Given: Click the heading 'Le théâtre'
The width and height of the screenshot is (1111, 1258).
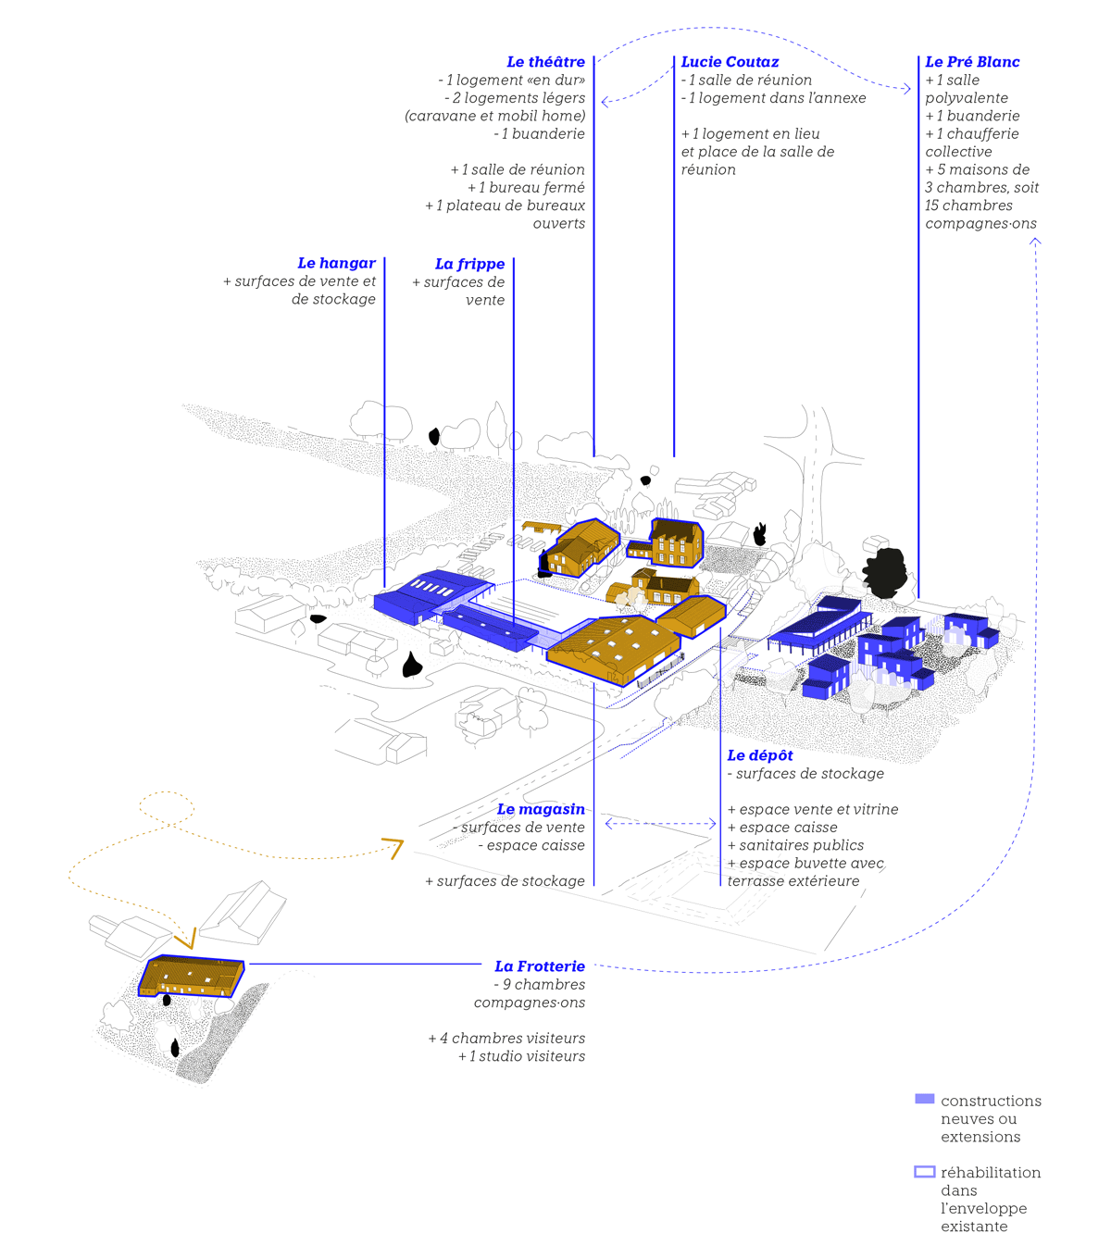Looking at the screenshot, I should tap(545, 62).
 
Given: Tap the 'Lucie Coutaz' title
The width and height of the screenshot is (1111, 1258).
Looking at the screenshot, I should tap(730, 62).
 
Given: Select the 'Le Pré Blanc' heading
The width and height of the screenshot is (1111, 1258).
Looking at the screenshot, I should tap(972, 62).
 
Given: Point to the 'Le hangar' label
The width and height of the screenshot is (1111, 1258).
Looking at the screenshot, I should tap(336, 264).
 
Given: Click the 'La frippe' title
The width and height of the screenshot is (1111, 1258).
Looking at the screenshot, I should tap(469, 265).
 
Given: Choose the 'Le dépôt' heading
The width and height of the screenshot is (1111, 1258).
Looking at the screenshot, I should tap(760, 755).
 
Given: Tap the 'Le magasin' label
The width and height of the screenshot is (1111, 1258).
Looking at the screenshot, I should tap(541, 810).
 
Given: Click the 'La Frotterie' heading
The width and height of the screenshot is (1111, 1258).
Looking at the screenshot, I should tap(540, 966).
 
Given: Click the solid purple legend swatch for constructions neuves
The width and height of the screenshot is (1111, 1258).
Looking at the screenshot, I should tap(924, 1099).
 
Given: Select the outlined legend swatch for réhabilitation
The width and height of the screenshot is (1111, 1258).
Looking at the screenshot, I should tap(924, 1172).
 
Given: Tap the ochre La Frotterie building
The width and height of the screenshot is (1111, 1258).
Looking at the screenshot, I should tap(192, 976).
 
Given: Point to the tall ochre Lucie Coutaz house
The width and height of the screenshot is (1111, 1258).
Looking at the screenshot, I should tap(676, 542).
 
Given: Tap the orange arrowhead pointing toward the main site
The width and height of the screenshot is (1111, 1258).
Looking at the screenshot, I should tap(393, 847).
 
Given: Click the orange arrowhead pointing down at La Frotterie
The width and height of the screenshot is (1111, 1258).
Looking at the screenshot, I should tap(185, 940).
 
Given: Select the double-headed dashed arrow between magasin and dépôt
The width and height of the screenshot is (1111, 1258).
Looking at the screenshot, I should tap(660, 823).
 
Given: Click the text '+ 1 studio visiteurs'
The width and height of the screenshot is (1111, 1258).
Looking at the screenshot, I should tap(521, 1056).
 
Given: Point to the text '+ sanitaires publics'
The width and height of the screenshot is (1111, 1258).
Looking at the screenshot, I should tap(795, 845).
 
